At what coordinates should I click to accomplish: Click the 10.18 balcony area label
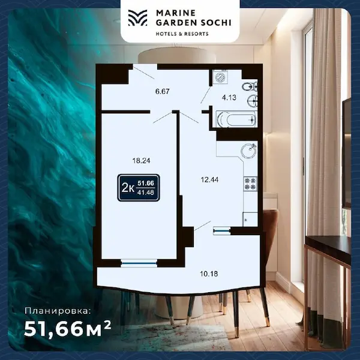point(209,274)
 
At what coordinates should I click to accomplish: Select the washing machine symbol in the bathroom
point(220,78)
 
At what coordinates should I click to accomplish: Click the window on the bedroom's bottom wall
point(139,262)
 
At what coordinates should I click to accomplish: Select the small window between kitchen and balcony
point(221,230)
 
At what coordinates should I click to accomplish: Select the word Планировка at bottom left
point(59,311)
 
